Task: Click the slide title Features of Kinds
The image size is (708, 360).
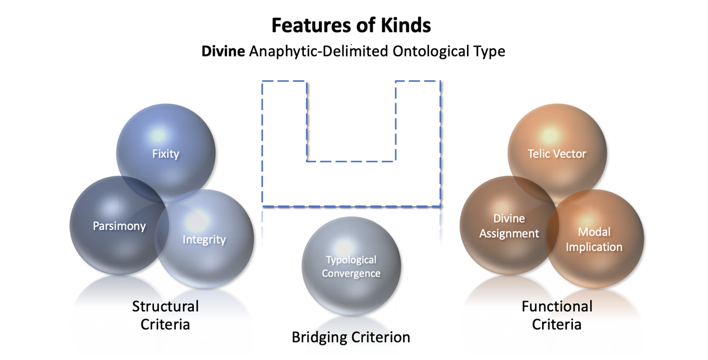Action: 352,26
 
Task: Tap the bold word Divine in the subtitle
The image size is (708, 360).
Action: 223,51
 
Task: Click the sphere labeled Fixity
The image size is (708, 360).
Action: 166,153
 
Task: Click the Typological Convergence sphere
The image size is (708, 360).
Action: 351,267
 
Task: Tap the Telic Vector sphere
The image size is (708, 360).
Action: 557,153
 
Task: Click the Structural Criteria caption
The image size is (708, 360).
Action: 165,315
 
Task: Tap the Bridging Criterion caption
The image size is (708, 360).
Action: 351,337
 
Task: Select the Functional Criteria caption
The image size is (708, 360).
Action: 557,315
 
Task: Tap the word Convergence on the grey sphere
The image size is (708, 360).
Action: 351,273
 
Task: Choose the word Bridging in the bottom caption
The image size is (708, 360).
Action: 318,337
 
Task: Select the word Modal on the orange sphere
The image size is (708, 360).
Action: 594,232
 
